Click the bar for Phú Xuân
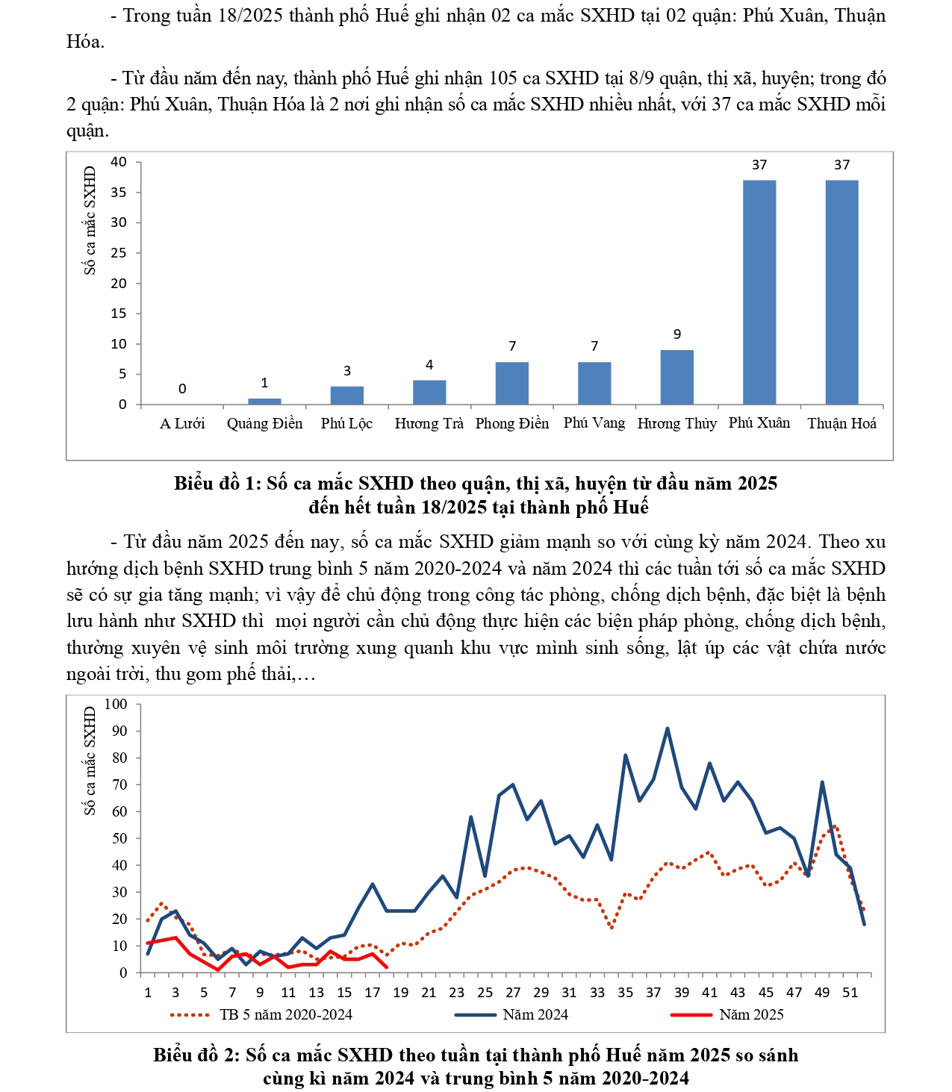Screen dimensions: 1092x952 pos(759,292)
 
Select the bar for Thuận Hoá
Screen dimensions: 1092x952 pos(841,292)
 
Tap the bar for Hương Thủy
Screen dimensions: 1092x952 pos(676,377)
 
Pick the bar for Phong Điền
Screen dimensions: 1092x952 pos(511,383)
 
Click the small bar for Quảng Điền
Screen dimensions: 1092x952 pos(264,401)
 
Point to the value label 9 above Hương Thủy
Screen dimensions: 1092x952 pos(676,334)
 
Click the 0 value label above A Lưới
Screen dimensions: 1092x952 pos(182,389)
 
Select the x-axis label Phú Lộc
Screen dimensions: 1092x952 pos(346,423)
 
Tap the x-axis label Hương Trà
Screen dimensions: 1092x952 pos(429,423)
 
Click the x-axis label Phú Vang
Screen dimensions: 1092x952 pos(594,423)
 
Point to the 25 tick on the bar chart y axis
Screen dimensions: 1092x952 pos(119,253)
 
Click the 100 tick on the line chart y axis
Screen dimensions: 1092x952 pos(116,704)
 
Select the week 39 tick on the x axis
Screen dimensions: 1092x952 pos(682,992)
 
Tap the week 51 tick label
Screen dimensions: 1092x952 pos(850,992)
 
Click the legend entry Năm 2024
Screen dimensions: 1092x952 pos(535,1014)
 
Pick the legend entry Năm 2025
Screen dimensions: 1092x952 pos(750,1014)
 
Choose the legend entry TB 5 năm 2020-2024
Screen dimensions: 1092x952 pos(285,1014)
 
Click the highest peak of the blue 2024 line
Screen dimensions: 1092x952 pos(667,728)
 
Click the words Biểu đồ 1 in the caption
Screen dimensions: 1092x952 pos(214,483)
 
